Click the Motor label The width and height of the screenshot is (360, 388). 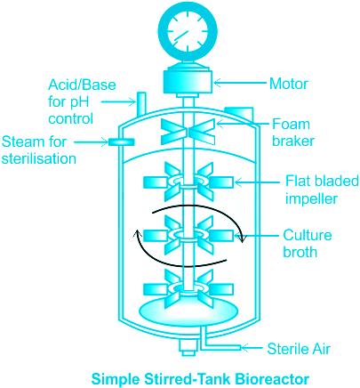pos(289,84)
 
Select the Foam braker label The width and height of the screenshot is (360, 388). pos(293,133)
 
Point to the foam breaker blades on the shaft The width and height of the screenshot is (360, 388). pos(188,132)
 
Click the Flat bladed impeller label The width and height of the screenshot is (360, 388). pos(322,190)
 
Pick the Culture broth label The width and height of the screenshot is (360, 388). pos(308,243)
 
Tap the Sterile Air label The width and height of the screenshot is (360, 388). pos(299,349)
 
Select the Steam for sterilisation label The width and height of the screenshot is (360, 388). pos(39,150)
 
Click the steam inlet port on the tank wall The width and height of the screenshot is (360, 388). pos(122,142)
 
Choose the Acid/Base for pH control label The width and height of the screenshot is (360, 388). pos(82,101)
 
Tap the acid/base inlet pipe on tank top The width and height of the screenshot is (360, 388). pos(141,103)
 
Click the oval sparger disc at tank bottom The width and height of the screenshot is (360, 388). pos(188,312)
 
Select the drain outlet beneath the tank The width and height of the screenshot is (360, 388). pos(188,348)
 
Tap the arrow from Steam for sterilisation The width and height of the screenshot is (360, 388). pos(92,142)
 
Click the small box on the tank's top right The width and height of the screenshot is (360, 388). pos(239,113)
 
